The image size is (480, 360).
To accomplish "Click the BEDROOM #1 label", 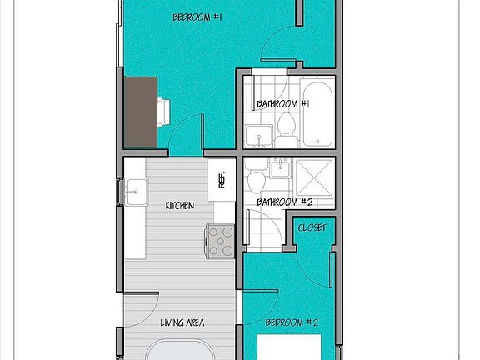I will [x=197, y=17].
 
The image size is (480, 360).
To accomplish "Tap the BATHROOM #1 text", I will [x=283, y=104].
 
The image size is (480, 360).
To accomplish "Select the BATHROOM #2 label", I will [x=283, y=202].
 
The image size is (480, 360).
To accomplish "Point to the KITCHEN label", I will [x=180, y=204].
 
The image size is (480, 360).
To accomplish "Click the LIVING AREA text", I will [x=182, y=322].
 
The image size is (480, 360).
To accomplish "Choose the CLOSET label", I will [x=312, y=228].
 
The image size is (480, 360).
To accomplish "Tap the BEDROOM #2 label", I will [x=292, y=322].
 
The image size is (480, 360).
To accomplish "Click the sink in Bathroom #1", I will [x=257, y=136].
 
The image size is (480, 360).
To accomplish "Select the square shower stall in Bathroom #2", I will [x=315, y=176].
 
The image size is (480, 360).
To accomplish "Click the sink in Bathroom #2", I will [x=281, y=169].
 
